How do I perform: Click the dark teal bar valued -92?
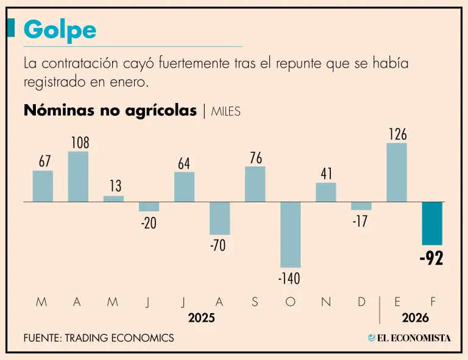(x=432, y=223)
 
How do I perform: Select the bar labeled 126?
(x=397, y=172)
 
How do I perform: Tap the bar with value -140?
(x=291, y=234)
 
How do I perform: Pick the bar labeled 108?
(x=78, y=176)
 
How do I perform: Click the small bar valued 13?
(x=113, y=199)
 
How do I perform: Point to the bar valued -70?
(x=220, y=218)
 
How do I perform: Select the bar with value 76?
(x=255, y=184)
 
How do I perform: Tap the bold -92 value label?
(x=431, y=258)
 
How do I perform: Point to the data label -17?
(x=360, y=222)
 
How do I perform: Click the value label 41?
(x=327, y=174)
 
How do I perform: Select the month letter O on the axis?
(x=291, y=302)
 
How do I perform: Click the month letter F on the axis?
(x=433, y=302)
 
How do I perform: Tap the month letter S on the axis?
(x=255, y=302)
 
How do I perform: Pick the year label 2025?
(x=201, y=318)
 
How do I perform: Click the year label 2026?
(x=416, y=318)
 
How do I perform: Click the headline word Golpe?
(x=60, y=29)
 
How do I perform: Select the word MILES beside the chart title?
(x=226, y=111)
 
